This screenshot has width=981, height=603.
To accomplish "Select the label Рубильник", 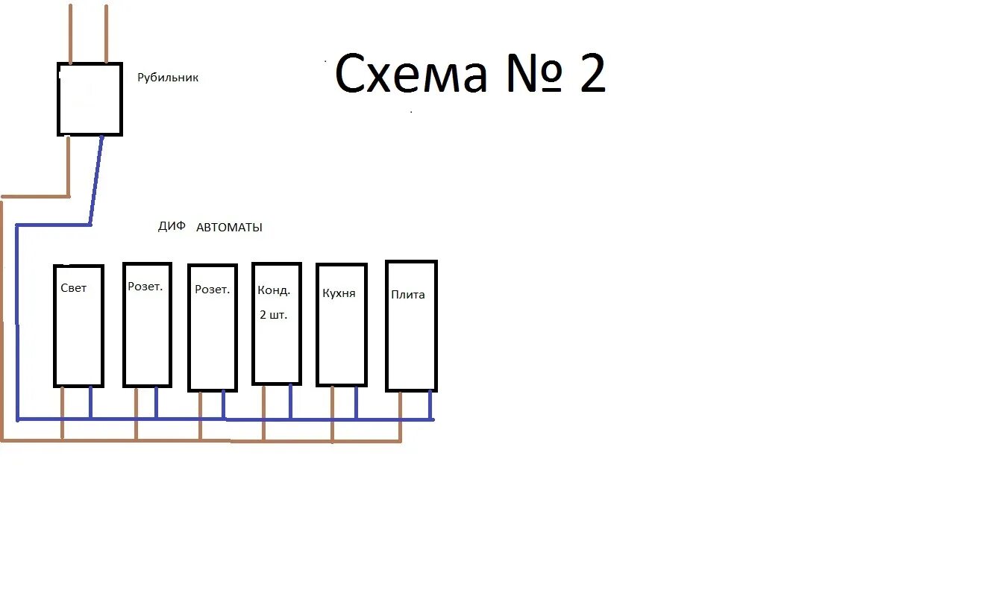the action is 168,78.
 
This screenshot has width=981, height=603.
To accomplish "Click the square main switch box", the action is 90,99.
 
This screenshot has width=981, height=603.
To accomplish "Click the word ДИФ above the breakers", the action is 172,227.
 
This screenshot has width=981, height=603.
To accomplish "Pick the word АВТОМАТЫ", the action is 229,228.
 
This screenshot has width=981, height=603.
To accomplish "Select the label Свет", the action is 74,288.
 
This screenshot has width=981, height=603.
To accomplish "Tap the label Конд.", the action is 274,290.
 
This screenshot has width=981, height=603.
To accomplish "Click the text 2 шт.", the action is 273,315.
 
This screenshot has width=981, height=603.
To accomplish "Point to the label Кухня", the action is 339,293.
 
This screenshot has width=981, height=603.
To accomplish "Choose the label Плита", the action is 408,295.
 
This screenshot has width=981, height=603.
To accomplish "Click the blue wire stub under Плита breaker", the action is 430,404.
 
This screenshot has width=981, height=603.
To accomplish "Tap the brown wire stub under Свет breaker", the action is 63,412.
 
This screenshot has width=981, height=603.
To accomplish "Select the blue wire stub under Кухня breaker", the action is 357,402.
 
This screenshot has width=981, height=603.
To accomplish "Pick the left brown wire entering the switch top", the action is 71,34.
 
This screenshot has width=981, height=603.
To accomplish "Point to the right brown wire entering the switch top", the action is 106,34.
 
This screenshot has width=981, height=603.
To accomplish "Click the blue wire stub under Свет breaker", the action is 90,402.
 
